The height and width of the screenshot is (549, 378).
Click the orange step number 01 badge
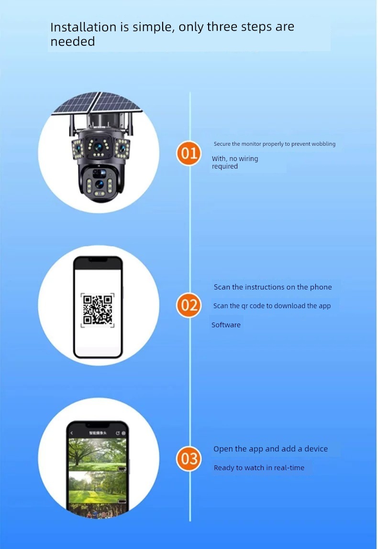[x=189, y=153]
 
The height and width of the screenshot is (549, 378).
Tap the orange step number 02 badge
[x=189, y=305]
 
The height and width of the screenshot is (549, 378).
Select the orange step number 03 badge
[x=189, y=459]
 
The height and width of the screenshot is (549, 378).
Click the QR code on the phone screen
[x=98, y=310]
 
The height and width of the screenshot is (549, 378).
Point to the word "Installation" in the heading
[x=83, y=27]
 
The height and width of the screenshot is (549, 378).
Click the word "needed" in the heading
[x=73, y=42]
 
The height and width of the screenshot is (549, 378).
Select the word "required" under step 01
[x=225, y=167]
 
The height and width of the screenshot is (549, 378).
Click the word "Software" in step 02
[x=226, y=325]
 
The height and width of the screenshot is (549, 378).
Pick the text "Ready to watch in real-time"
[x=259, y=468]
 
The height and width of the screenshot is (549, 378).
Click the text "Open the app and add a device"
[x=270, y=449]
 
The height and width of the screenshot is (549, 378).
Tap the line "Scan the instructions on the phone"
[x=273, y=287]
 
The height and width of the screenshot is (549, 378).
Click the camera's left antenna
[x=72, y=125]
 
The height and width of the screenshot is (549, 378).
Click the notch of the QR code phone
[x=98, y=260]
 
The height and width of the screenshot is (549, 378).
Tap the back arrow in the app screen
[x=72, y=433]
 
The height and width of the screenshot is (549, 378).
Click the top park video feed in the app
[x=97, y=454]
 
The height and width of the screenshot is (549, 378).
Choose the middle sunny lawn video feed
[x=97, y=487]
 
